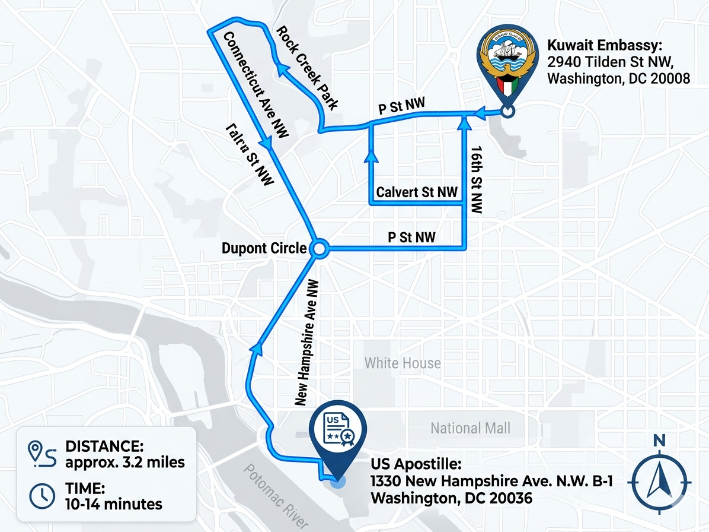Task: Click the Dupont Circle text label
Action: tap(264, 248)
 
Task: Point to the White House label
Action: tap(403, 363)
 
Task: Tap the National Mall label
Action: tap(470, 427)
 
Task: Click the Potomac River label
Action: tap(277, 495)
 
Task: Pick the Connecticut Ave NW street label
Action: tap(255, 85)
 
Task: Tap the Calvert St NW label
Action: tap(417, 192)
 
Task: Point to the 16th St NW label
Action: tap(475, 178)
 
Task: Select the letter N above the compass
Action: tap(659, 441)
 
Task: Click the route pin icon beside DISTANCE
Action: tap(42, 454)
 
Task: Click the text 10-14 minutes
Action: tap(114, 504)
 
